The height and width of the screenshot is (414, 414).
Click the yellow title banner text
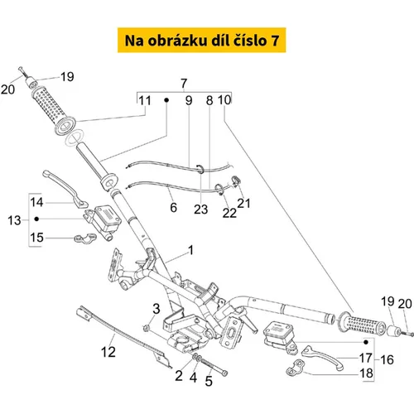(x=202, y=41)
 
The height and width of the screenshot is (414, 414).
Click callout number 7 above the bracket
(x=184, y=84)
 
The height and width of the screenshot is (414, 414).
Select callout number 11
(x=145, y=101)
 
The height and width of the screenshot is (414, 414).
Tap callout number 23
(x=200, y=209)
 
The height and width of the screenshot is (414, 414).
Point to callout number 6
(x=173, y=208)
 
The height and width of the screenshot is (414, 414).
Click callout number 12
(x=108, y=352)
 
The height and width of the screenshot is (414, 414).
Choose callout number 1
(x=190, y=250)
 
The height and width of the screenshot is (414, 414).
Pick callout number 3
(x=156, y=309)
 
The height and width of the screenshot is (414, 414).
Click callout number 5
(x=209, y=381)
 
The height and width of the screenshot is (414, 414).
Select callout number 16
(x=387, y=359)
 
